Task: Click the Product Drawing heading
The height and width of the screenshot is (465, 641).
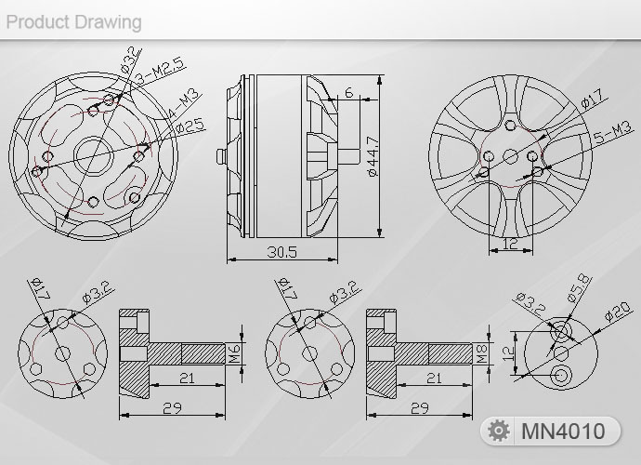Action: pos(74,22)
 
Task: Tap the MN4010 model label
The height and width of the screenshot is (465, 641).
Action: pos(563,431)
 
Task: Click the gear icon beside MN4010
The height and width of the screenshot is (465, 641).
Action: pos(499,431)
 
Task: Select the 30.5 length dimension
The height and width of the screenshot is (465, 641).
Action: pos(282,251)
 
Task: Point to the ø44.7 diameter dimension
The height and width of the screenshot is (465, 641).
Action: pos(373,156)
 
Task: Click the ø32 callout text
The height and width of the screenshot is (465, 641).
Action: pos(129,61)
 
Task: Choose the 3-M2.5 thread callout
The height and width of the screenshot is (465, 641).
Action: pos(160,71)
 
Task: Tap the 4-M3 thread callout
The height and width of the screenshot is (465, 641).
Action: pos(183,104)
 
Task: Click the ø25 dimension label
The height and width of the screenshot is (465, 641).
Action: pos(190,126)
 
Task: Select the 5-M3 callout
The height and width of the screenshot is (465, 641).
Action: pos(613,133)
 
